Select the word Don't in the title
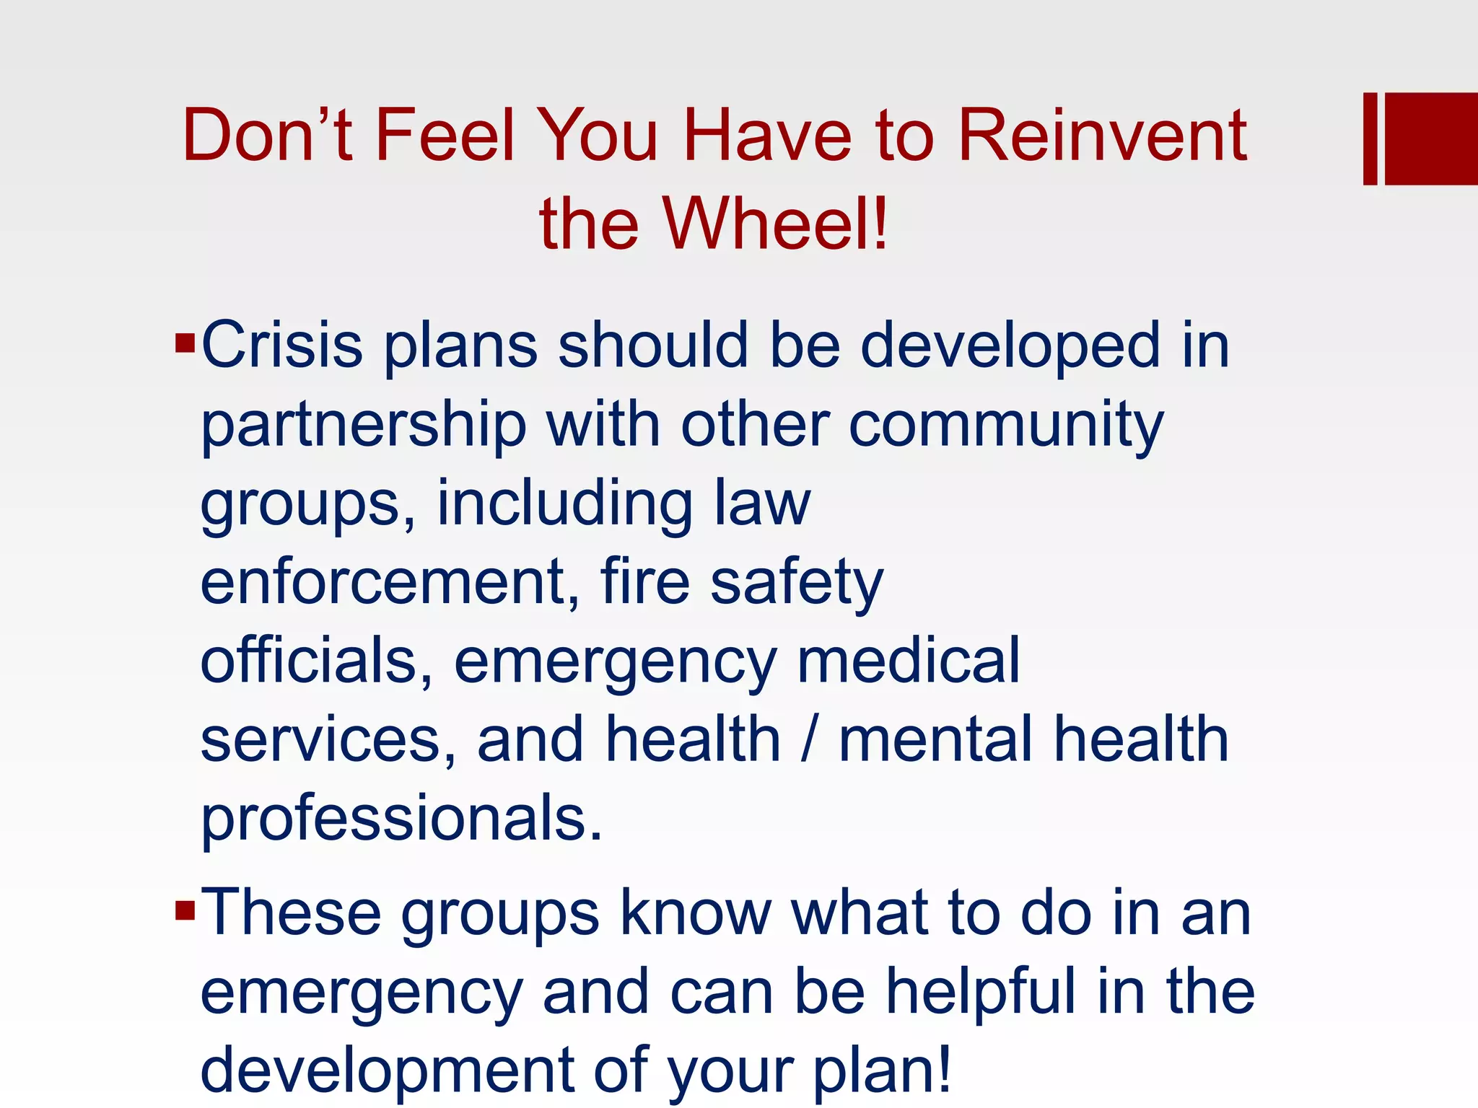267,135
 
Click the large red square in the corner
1431,138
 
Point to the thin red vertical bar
1370,138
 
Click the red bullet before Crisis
185,342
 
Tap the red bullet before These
185,911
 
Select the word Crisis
281,345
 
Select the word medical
908,661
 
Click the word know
696,913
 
